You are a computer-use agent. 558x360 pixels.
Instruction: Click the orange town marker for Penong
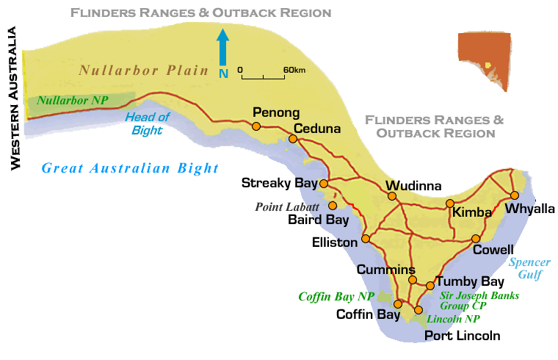[256, 126]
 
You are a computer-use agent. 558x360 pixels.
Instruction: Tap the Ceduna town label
[317, 129]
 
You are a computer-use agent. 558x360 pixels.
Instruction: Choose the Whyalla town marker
[515, 195]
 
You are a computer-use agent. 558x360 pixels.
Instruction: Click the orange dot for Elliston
[366, 239]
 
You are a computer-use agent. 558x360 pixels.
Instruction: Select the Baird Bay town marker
[333, 206]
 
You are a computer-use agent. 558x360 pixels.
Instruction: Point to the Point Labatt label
[287, 206]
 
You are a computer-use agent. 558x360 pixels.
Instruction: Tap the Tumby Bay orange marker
[430, 286]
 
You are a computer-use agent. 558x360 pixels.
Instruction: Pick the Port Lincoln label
[463, 336]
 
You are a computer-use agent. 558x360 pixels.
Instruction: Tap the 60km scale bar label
[294, 69]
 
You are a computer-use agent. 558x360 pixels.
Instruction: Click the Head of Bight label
[147, 123]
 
